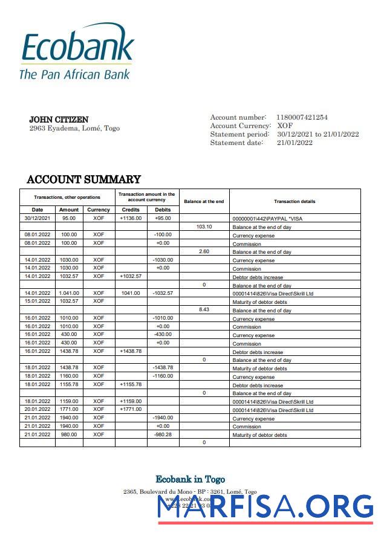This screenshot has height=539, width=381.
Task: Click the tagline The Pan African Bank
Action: (74, 74)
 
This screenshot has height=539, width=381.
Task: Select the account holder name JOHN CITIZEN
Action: (59, 120)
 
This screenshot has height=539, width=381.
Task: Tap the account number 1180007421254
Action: (302, 117)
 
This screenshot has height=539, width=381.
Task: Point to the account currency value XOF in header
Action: (285, 126)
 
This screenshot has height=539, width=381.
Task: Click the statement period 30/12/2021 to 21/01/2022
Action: (317, 134)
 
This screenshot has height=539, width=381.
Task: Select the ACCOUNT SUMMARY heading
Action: (83, 179)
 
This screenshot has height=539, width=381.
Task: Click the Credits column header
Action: (131, 210)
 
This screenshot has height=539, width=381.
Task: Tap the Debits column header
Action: (163, 210)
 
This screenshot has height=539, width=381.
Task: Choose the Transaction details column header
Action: (295, 201)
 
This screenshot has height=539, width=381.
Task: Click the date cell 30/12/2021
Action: (37, 218)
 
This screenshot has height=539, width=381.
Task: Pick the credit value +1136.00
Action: (131, 218)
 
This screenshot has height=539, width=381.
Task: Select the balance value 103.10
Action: (204, 227)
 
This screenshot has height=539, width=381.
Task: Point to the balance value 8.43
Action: (204, 309)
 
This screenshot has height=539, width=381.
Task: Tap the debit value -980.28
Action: (163, 434)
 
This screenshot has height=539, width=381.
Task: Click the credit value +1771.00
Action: (131, 410)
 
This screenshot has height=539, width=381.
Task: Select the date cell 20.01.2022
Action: (37, 410)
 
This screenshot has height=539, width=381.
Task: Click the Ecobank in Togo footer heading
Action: (190, 479)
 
